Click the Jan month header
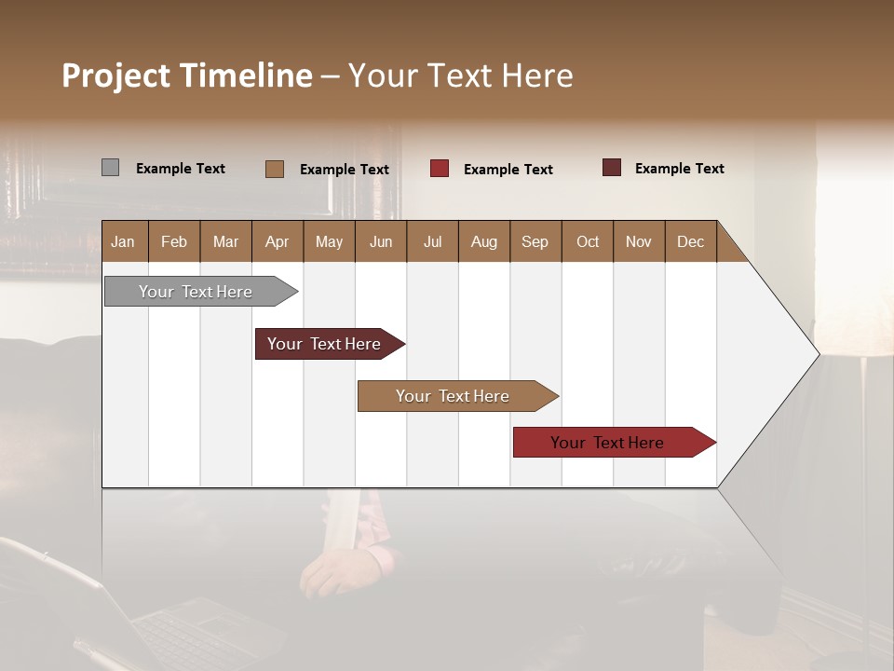(x=124, y=241)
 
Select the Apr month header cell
(x=278, y=241)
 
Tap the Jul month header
(x=433, y=241)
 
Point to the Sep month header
(x=535, y=241)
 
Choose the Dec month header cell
(x=690, y=241)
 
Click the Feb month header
(x=174, y=241)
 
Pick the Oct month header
(x=588, y=241)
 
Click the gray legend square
(x=110, y=168)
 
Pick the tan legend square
(x=274, y=169)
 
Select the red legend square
(x=439, y=169)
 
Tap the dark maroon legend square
(x=611, y=168)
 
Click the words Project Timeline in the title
(x=186, y=75)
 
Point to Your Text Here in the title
(x=460, y=75)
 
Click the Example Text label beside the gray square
(x=181, y=169)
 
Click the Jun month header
(x=381, y=241)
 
